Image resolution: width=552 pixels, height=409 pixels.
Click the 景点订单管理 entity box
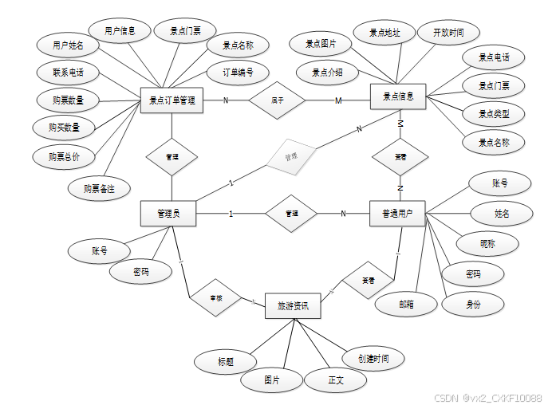point(172,100)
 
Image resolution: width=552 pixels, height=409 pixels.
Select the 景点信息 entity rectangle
point(398,97)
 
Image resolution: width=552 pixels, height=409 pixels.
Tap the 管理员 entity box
point(168,213)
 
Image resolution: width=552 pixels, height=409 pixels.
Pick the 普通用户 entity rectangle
point(397,214)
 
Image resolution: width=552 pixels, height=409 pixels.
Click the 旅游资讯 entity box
point(293,305)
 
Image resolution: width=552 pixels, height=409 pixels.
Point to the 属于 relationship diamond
point(278,100)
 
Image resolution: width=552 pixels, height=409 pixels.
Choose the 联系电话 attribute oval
point(69,73)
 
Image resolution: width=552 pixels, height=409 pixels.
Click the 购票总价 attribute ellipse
point(64,156)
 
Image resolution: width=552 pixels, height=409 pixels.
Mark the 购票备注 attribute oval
point(99,188)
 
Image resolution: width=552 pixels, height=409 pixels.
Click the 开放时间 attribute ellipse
point(449,33)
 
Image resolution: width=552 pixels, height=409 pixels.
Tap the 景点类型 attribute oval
point(494,114)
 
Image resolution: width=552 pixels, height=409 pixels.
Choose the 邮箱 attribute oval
point(407,304)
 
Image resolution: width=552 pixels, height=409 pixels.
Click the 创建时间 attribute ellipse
point(373,359)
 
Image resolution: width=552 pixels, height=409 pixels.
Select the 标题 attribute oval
point(226,361)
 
